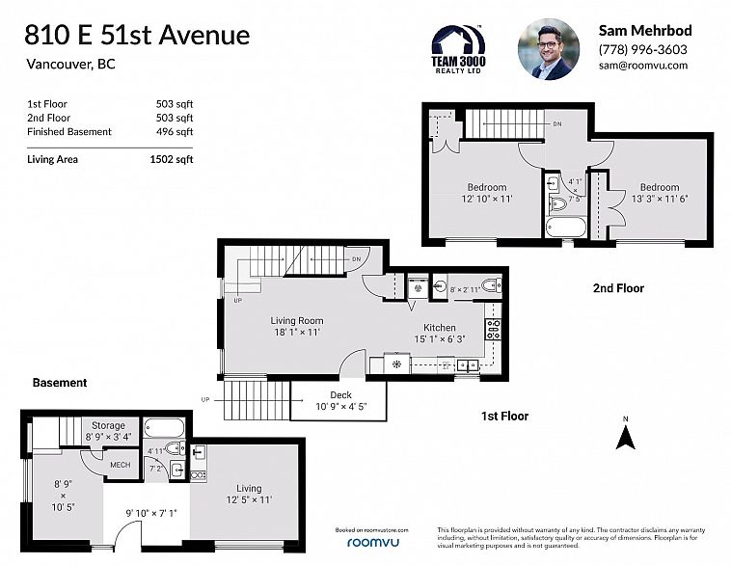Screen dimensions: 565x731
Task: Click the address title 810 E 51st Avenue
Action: point(138,36)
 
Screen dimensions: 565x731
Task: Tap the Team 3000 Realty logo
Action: point(458,48)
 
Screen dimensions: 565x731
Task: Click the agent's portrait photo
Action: point(548,48)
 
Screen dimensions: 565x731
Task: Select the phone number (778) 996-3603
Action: point(642,49)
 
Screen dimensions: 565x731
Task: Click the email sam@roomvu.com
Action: point(643,66)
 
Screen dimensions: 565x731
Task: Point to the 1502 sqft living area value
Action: point(175,160)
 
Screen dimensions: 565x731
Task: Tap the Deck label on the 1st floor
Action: point(340,395)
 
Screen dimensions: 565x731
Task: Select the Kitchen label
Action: point(439,333)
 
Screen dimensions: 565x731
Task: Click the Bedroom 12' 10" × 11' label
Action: point(487,193)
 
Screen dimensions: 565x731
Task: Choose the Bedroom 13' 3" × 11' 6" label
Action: point(659,193)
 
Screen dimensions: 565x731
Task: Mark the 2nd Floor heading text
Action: point(617,288)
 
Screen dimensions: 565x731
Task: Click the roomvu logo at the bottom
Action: point(371,544)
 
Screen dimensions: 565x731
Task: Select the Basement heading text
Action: point(60,383)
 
